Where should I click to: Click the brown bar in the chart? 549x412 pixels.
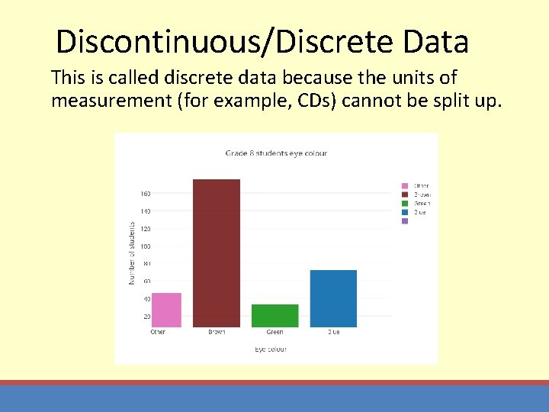[x=217, y=253]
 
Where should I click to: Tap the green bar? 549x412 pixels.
[x=274, y=316]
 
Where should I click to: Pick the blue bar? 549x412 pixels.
[x=333, y=298]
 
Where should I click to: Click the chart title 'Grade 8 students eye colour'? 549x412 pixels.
[x=276, y=153]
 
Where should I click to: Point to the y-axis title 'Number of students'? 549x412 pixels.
[x=131, y=254]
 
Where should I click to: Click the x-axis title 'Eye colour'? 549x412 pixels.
[x=271, y=349]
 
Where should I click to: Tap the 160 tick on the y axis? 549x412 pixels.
[x=145, y=194]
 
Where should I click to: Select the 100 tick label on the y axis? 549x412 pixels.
[x=145, y=246]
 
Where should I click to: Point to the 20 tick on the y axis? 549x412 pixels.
[x=146, y=317]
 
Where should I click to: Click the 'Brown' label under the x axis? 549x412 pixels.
[x=217, y=333]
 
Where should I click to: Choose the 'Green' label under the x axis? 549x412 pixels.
[x=275, y=333]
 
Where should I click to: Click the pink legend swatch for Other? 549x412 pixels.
[x=405, y=185]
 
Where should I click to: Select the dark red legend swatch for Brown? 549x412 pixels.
[x=405, y=195]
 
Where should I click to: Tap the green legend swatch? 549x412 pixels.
[x=405, y=204]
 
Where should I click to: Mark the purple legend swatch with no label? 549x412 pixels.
[x=405, y=221]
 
